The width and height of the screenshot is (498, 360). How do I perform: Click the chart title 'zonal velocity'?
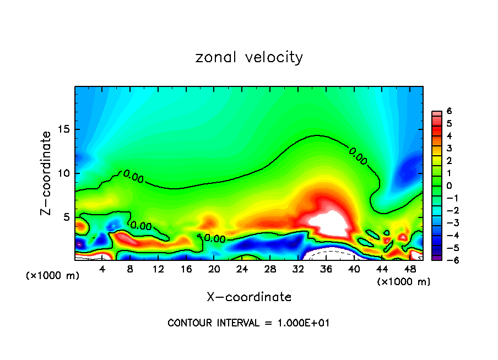(249, 57)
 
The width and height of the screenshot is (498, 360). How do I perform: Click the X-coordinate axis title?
(249, 297)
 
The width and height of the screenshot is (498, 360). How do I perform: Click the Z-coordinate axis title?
(46, 173)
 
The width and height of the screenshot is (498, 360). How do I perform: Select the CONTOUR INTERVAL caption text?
(248, 323)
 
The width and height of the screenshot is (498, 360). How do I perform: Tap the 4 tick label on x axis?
(102, 269)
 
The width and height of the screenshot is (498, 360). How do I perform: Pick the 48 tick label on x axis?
(409, 269)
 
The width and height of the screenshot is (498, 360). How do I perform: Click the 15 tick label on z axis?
(66, 129)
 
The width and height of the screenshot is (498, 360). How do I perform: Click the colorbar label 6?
(449, 111)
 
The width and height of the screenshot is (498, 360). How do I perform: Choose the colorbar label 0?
(449, 186)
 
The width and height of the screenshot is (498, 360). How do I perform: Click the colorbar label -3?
(447, 223)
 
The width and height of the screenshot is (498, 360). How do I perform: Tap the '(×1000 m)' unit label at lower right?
(404, 282)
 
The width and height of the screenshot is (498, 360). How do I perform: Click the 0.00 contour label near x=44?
(358, 156)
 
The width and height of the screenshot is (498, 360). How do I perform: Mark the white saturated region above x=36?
(329, 225)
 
